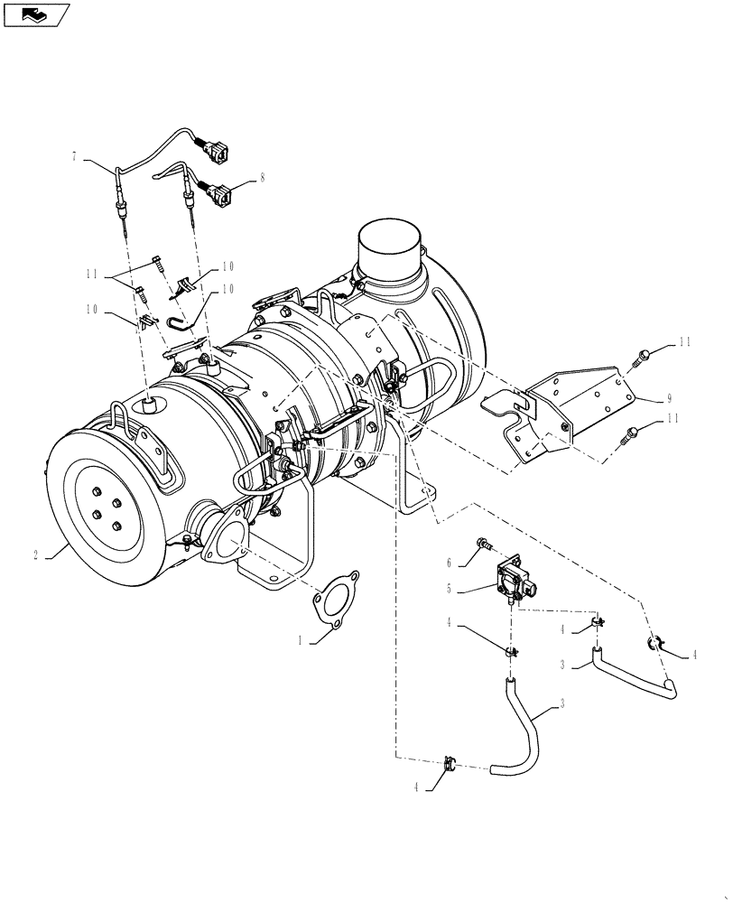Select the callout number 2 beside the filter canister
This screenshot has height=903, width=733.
(x=35, y=556)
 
